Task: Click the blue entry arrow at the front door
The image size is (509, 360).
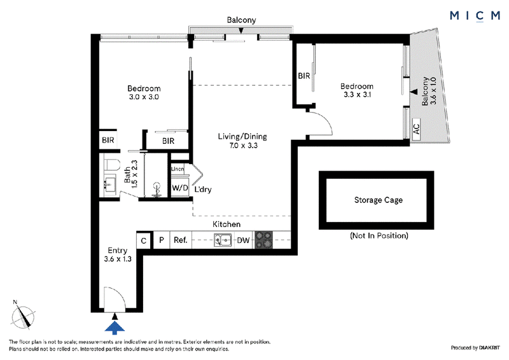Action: [115, 328]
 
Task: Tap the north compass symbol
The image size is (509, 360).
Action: [23, 316]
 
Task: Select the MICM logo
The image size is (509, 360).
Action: [475, 15]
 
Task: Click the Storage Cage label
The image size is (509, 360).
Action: [378, 200]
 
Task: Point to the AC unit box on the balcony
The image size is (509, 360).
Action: [416, 129]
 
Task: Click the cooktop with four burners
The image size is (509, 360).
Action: [263, 240]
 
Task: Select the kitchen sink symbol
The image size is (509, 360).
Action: [223, 240]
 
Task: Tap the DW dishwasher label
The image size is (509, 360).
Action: [243, 240]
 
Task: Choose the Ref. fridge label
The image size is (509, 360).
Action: [181, 240]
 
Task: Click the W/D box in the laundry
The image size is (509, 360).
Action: [180, 188]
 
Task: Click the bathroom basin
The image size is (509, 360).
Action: [109, 184]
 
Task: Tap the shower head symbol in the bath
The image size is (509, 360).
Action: [157, 190]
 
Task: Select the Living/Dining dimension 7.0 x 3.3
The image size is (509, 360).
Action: [243, 146]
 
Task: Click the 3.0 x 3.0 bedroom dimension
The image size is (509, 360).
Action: [144, 97]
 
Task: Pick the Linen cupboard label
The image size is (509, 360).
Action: [178, 169]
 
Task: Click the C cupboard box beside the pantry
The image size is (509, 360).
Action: [144, 240]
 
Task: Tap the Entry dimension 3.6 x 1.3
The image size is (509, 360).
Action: [118, 259]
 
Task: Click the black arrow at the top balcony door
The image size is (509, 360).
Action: [241, 31]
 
